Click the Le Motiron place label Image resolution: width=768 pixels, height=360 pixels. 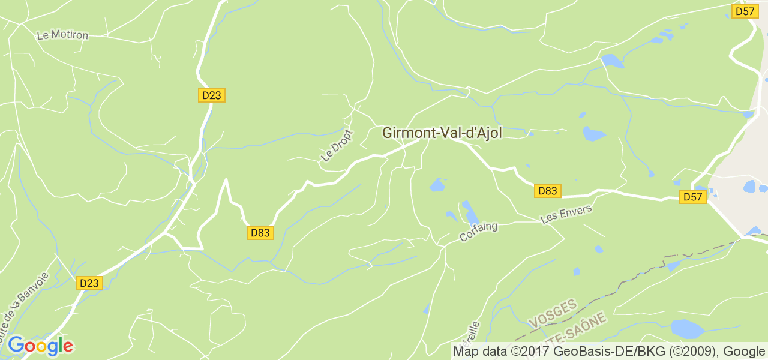click(x=62, y=35)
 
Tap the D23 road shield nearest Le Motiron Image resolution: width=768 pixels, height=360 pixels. click(x=212, y=95)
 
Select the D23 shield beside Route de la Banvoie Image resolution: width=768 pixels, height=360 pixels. click(x=89, y=283)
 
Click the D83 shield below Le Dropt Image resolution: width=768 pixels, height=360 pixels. click(x=260, y=233)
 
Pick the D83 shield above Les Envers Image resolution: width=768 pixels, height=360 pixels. click(x=547, y=191)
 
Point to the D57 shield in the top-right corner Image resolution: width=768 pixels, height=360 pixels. click(x=745, y=11)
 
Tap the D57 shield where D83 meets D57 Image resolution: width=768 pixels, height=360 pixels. click(x=693, y=197)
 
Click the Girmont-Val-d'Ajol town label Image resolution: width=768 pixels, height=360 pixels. click(x=442, y=133)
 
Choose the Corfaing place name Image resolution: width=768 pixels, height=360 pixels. click(x=478, y=232)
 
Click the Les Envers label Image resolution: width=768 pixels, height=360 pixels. click(x=566, y=214)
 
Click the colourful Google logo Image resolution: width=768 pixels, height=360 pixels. click(x=40, y=346)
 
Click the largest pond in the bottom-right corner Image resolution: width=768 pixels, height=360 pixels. click(x=686, y=329)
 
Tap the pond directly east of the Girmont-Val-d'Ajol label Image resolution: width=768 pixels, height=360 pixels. click(x=593, y=134)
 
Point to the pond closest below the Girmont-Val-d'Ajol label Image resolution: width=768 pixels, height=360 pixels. click(x=437, y=185)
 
